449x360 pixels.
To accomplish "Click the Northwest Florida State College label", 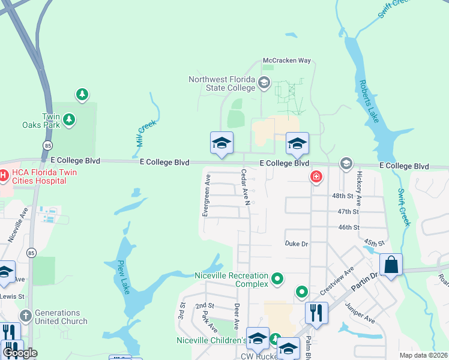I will point(222,83).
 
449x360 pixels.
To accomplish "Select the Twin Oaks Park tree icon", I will point(70,120).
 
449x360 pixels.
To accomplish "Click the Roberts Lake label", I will point(368,101).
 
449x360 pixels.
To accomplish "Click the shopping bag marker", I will point(391,265).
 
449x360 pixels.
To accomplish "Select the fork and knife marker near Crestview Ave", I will point(316,312).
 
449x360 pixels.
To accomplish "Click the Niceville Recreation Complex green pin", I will point(277,278).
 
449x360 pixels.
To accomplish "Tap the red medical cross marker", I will point(316,176).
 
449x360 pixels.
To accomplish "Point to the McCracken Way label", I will point(287,61).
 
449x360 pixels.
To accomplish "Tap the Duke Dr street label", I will point(296,244).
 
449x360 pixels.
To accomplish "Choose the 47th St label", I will point(348,212).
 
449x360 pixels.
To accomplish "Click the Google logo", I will point(19,353).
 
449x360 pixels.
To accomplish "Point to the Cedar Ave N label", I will point(245,187).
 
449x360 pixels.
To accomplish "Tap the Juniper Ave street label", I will point(359,313).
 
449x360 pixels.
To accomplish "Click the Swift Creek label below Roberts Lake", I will point(403,208).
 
